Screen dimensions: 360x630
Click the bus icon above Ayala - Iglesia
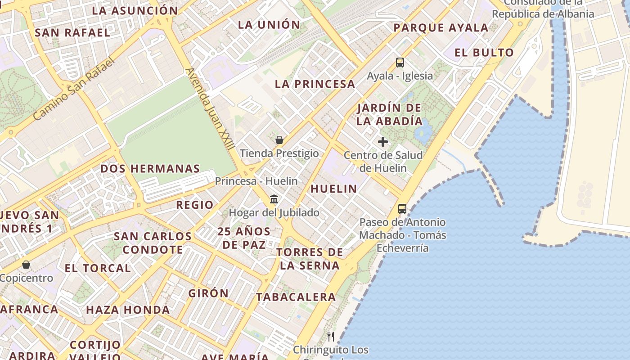click(400, 63)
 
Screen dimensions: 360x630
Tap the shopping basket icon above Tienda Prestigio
click(279, 140)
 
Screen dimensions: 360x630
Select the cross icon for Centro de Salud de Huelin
click(383, 142)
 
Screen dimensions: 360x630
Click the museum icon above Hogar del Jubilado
click(274, 199)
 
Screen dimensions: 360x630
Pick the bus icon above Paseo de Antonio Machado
click(402, 209)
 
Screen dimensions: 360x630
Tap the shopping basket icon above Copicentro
click(26, 265)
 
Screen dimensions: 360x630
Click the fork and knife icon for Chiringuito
click(331, 336)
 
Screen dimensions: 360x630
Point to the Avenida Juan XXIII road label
click(210, 109)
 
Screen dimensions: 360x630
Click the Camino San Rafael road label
click(74, 89)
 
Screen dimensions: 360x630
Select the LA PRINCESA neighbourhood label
click(315, 84)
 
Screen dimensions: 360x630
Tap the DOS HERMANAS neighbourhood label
click(150, 169)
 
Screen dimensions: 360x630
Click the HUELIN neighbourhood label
click(333, 189)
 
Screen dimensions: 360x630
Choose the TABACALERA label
click(296, 297)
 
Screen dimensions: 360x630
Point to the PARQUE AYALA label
click(441, 28)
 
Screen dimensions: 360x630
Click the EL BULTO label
click(484, 53)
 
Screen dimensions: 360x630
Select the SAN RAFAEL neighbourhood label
click(72, 33)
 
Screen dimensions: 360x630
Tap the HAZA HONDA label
click(128, 310)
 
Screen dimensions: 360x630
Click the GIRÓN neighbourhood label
click(208, 293)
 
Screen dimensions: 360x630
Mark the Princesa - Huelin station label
click(256, 181)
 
